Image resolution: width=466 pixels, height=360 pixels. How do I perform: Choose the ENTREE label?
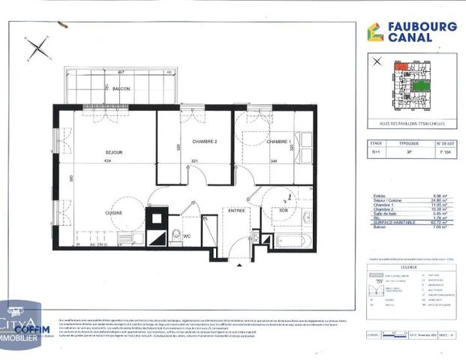(237, 210)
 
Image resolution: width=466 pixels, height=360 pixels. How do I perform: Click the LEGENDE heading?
(408, 265)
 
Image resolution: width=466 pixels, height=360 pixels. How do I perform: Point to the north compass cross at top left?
(38, 49)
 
